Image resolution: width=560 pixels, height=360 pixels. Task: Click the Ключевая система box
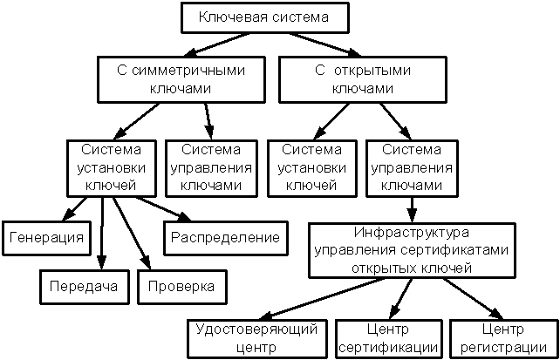tap(263, 17)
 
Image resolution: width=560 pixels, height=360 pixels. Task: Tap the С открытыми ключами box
tap(362, 78)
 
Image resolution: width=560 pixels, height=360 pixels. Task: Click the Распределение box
tap(225, 237)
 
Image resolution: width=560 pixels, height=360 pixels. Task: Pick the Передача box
tap(84, 286)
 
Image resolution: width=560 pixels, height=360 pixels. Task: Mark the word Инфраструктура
tap(412, 234)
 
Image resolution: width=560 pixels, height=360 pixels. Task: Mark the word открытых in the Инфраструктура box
tap(381, 267)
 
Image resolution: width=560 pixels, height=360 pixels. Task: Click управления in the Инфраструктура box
tap(352, 250)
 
